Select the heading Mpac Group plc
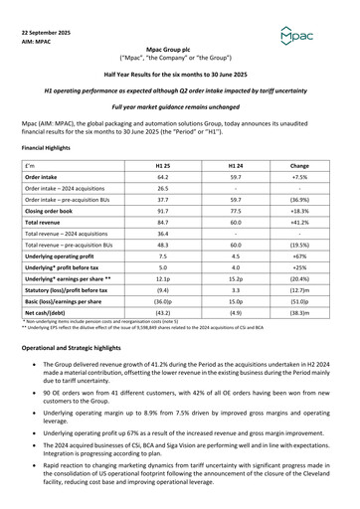(179, 48)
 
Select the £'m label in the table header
(29, 163)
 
